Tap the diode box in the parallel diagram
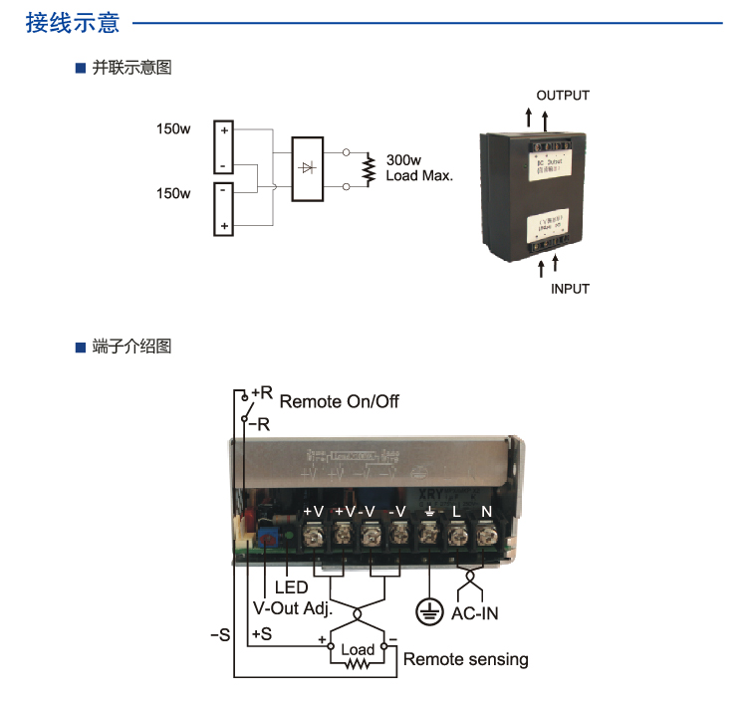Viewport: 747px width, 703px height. [x=307, y=168]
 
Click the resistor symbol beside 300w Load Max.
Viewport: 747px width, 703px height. [x=368, y=168]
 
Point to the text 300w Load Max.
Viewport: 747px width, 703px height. [x=419, y=167]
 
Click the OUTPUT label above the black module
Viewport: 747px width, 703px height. [x=563, y=96]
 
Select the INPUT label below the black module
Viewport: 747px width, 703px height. [x=570, y=289]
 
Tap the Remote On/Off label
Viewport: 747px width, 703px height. [x=339, y=401]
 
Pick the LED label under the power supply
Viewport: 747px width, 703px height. [x=292, y=588]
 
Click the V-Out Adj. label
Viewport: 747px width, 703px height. [x=293, y=609]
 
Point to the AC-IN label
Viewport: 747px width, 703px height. [x=474, y=613]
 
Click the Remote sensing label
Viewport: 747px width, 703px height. [x=465, y=659]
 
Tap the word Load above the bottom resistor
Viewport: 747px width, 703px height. [x=358, y=650]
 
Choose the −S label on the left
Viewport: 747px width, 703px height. [x=220, y=634]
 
